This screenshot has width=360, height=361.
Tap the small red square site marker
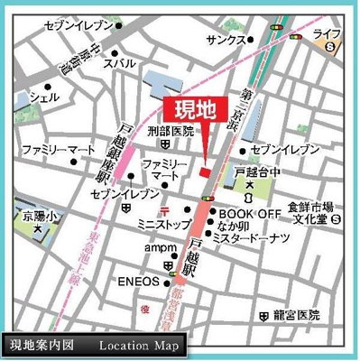(205, 171)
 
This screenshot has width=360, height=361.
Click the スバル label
(120, 63)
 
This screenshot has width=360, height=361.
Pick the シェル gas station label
(44, 96)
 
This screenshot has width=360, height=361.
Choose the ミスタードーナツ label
(254, 238)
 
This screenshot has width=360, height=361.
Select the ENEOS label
(139, 282)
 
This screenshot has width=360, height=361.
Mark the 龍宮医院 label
(293, 316)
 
